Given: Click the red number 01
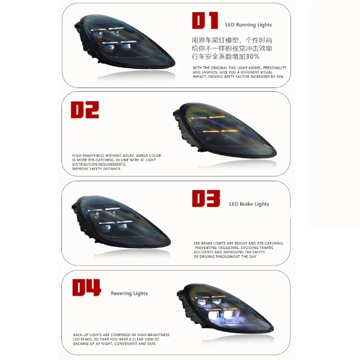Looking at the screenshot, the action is [x=205, y=21].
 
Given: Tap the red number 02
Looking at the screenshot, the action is [x=85, y=110].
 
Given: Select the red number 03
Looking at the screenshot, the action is [x=206, y=198].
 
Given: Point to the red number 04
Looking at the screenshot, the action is [x=86, y=288].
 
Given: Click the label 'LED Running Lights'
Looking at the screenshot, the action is [x=248, y=25].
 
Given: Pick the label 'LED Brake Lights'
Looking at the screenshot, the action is [x=249, y=204].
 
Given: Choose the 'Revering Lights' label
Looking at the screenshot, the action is [x=129, y=293].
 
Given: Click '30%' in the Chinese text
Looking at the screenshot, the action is [x=252, y=57].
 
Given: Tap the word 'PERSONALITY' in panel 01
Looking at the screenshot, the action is [x=275, y=68].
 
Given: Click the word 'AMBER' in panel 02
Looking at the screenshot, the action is [x=141, y=156].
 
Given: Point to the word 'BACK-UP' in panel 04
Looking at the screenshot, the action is [x=81, y=335].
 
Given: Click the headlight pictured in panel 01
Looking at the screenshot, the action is [x=124, y=41].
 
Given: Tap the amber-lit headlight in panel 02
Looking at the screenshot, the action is [x=225, y=130].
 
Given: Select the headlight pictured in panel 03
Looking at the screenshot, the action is [x=121, y=222].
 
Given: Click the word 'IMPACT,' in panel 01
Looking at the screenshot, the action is [x=200, y=76].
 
